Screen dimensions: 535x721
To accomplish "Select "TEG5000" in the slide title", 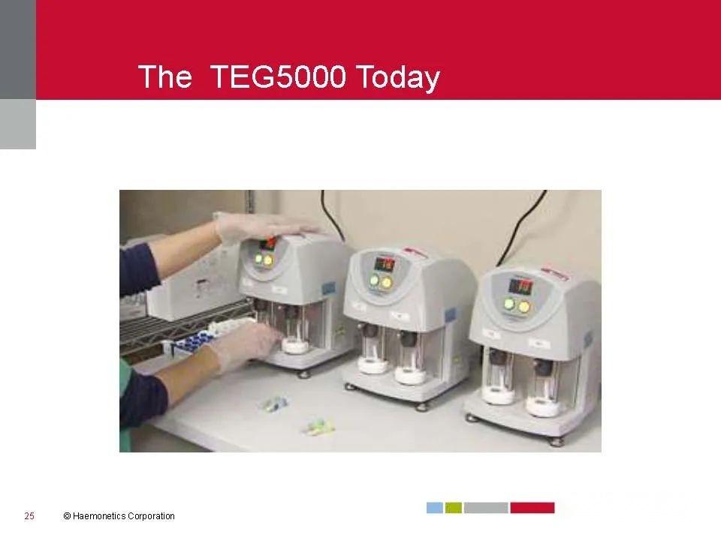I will pyautogui.click(x=277, y=77).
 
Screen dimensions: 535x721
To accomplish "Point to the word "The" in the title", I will pyautogui.click(x=165, y=77).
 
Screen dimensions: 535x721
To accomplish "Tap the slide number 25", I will pyautogui.click(x=29, y=515).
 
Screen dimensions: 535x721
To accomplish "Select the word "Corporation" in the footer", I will pyautogui.click(x=151, y=516).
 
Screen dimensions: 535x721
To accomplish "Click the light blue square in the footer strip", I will pyautogui.click(x=435, y=508).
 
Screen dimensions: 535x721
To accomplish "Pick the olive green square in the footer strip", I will pyautogui.click(x=453, y=508).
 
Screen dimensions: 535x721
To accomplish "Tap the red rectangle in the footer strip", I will pyautogui.click(x=532, y=508).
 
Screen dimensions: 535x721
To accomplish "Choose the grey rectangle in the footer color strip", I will pyautogui.click(x=486, y=508).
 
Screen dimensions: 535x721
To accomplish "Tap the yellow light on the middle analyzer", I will pyautogui.click(x=388, y=283).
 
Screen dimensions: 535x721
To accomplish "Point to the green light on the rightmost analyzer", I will pyautogui.click(x=508, y=305).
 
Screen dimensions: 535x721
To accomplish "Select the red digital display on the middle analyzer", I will pyautogui.click(x=385, y=263).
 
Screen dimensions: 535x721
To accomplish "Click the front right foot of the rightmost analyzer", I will pyautogui.click(x=557, y=442).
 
